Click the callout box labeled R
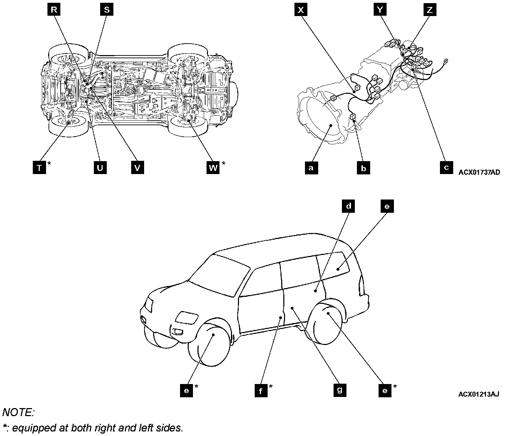click(54, 10)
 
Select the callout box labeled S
click(107, 10)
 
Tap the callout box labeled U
click(100, 168)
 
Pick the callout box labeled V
click(137, 168)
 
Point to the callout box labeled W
click(213, 168)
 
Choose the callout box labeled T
click(39, 168)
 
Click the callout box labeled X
click(300, 10)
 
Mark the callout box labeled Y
click(380, 10)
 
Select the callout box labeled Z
click(429, 10)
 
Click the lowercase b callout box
click(364, 168)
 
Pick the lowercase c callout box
click(446, 167)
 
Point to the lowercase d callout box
click(348, 206)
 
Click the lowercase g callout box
click(339, 389)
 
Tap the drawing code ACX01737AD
click(479, 172)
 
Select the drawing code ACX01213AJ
click(478, 394)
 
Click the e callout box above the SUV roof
click(387, 206)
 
